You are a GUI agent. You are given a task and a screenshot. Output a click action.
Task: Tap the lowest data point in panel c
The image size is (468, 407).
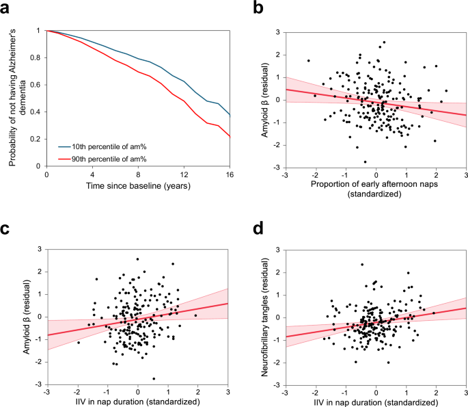[x=154, y=378]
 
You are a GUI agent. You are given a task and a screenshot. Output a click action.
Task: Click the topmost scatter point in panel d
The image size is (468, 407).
[x=362, y=264]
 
